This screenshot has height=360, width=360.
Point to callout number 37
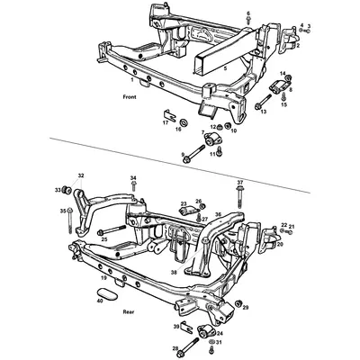[x=240, y=182]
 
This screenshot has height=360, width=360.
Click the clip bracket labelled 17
[x=170, y=115]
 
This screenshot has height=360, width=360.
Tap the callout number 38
[x=173, y=272]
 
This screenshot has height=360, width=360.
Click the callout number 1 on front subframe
[x=131, y=80]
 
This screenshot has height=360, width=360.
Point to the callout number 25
[x=104, y=239]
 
